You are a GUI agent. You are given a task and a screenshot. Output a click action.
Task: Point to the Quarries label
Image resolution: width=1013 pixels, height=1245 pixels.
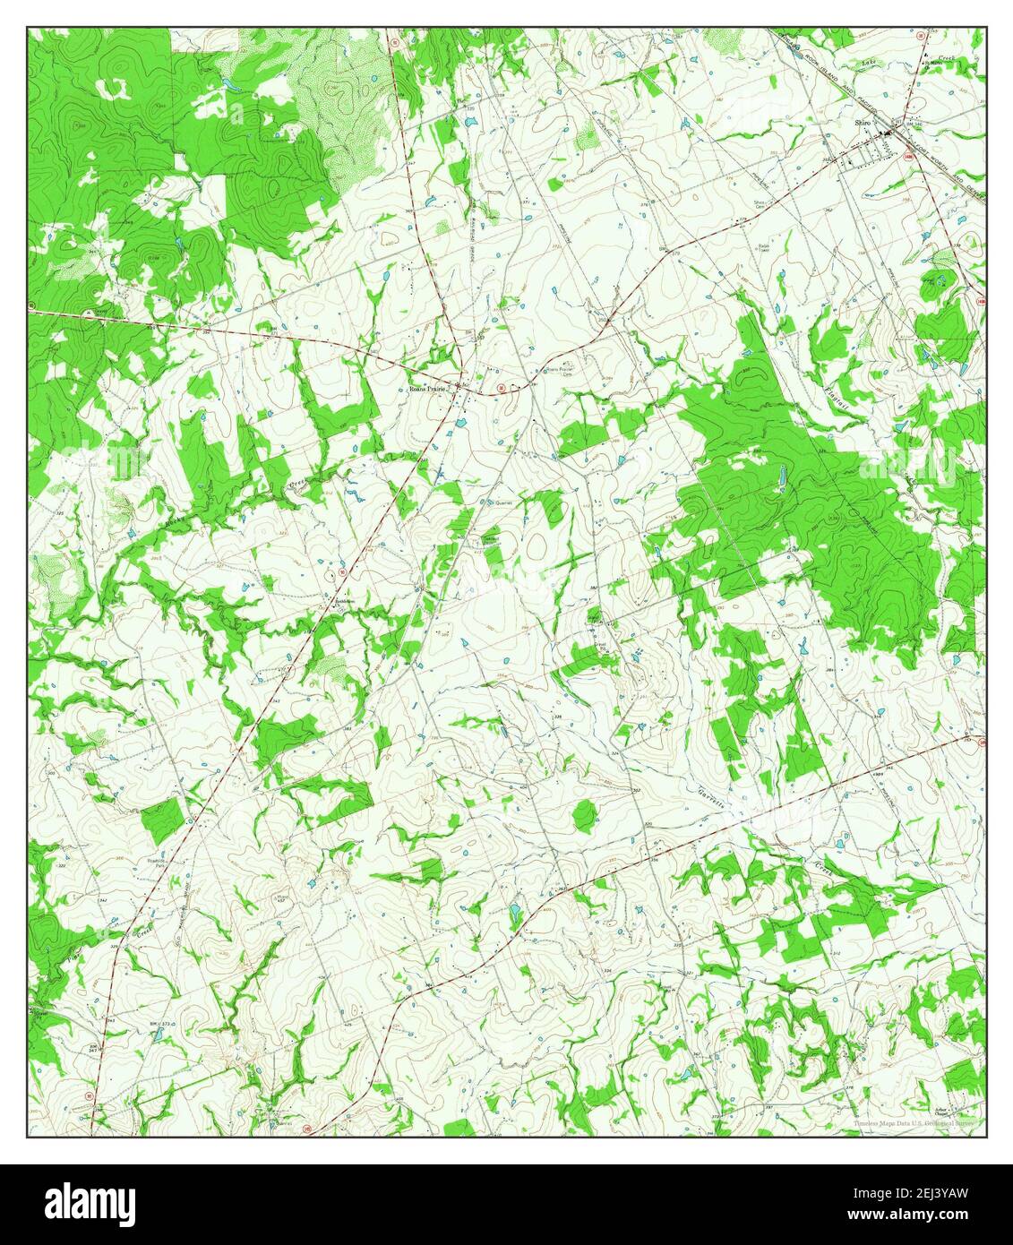(501, 502)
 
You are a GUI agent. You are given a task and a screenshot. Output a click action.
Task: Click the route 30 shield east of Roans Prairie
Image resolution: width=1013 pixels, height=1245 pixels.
(502, 388)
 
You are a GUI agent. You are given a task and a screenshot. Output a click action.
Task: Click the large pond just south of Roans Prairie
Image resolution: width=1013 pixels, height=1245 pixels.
(459, 420)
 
